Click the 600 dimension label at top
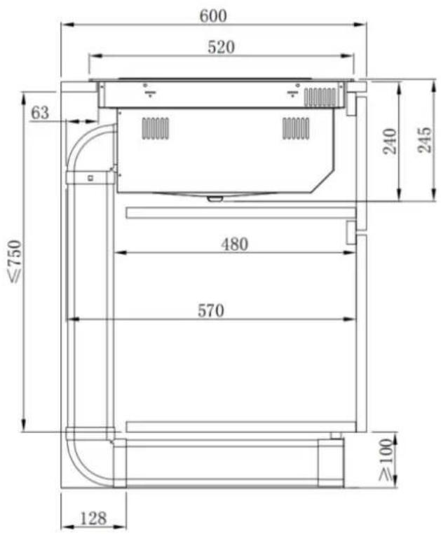tap(213, 15)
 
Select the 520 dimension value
tap(222, 47)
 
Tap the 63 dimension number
tap(41, 112)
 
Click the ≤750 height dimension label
tap(15, 261)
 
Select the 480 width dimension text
tap(234, 244)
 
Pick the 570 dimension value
tap(210, 310)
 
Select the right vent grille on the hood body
tap(295, 128)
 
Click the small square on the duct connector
tap(89, 177)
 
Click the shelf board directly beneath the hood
tap(240, 212)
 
